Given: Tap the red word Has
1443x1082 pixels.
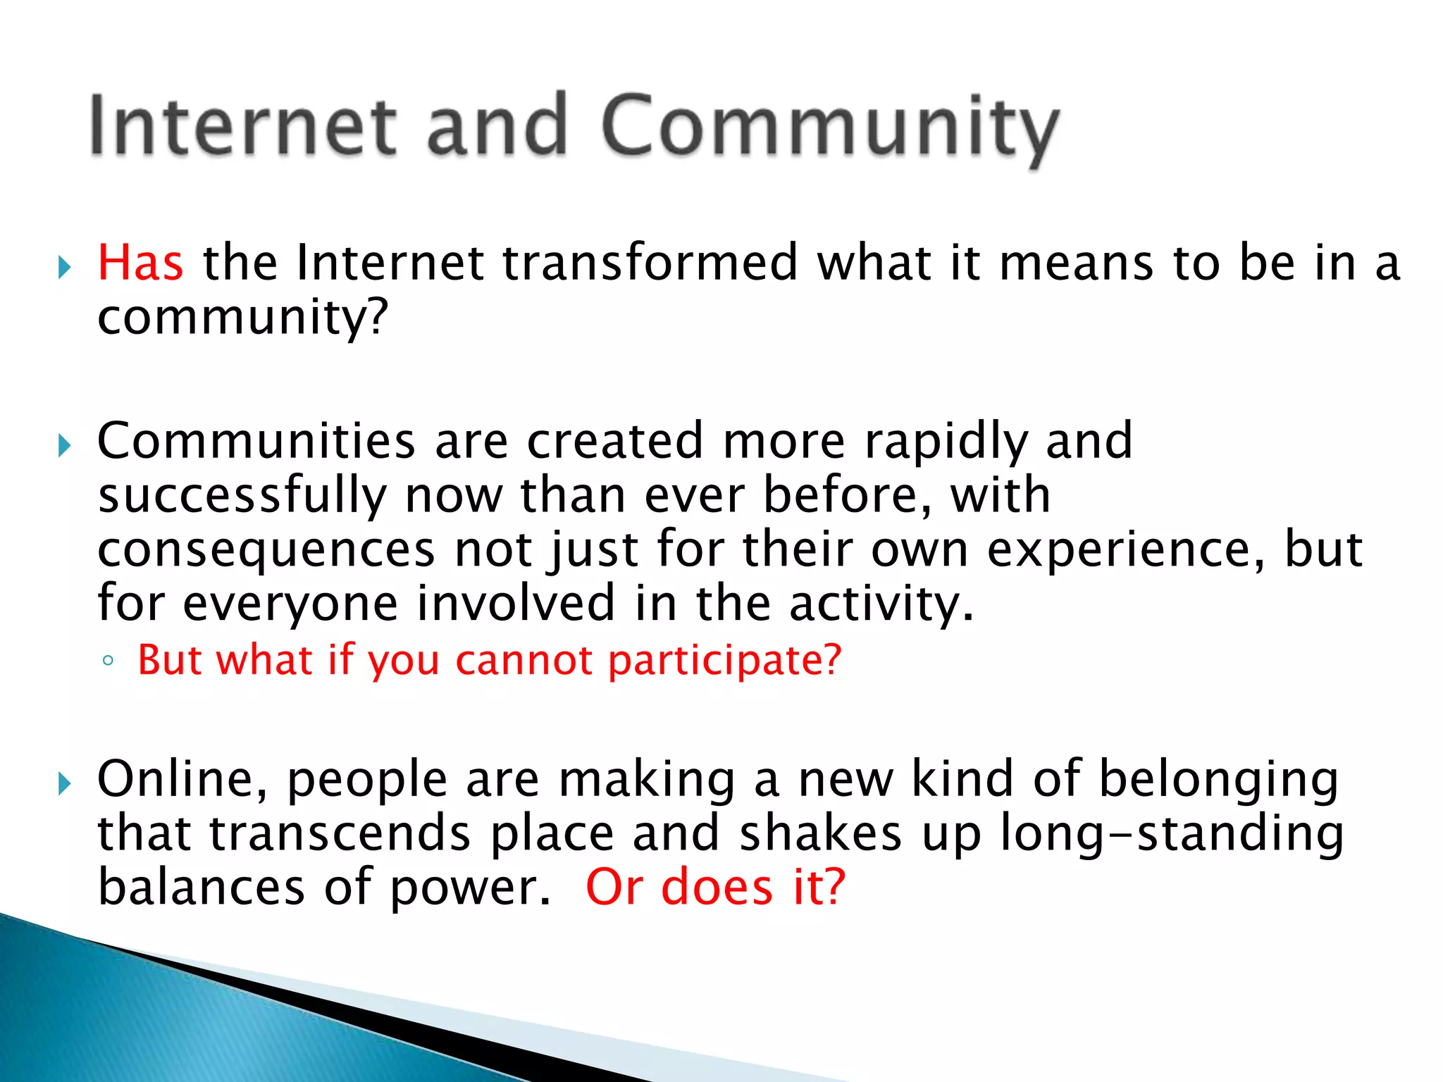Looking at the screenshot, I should pyautogui.click(x=140, y=263).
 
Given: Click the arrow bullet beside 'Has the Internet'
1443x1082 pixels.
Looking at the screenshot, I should pyautogui.click(x=65, y=267).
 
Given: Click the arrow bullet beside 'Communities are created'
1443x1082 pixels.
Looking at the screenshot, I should pyautogui.click(x=65, y=445).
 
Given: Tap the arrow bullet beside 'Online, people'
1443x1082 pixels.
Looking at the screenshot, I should pyautogui.click(x=65, y=783).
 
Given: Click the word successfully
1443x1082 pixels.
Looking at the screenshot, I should pyautogui.click(x=242, y=496).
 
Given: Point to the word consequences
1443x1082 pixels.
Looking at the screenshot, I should pyautogui.click(x=266, y=551).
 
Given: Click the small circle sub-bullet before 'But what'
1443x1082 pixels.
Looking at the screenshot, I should pyautogui.click(x=108, y=661).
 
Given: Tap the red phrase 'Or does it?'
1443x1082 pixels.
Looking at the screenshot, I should pyautogui.click(x=715, y=887).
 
